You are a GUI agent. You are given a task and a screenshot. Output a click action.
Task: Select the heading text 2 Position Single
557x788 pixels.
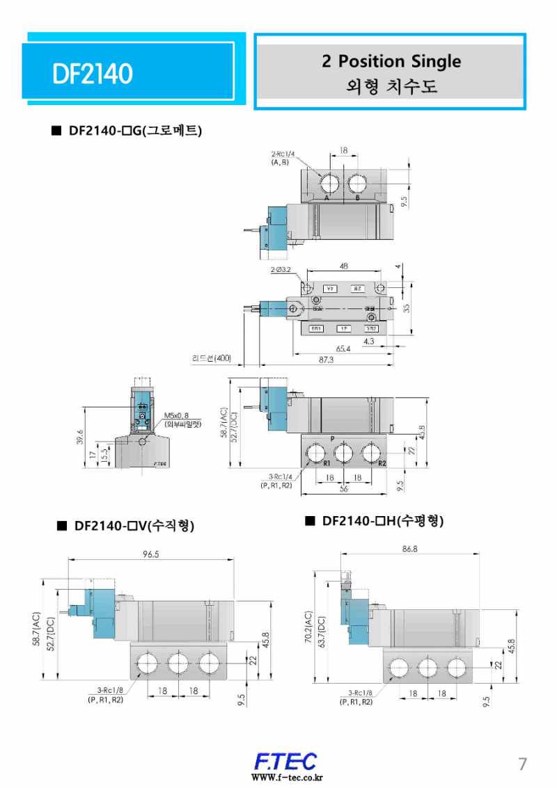(391, 61)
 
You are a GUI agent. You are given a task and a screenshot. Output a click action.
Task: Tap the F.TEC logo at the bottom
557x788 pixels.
(285, 760)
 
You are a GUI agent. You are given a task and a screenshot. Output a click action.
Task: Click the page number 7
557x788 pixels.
(522, 763)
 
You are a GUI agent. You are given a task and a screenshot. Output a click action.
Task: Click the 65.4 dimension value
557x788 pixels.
(343, 348)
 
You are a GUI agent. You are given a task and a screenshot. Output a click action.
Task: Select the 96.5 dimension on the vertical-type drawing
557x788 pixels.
(150, 554)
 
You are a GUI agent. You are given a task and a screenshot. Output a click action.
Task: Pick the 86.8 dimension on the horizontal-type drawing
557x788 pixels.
(409, 549)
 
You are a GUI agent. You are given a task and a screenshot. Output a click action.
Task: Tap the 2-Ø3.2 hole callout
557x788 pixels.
(281, 269)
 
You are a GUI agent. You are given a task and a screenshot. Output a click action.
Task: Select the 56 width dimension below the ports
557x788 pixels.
(343, 489)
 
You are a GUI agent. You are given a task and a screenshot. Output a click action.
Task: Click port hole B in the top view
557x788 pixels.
(358, 184)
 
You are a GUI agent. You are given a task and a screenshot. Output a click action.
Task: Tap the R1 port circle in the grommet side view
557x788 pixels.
(317, 453)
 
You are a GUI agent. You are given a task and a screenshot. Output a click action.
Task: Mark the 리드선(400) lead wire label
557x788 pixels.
(212, 358)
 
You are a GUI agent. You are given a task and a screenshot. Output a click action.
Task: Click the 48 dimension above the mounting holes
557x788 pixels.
(344, 266)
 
